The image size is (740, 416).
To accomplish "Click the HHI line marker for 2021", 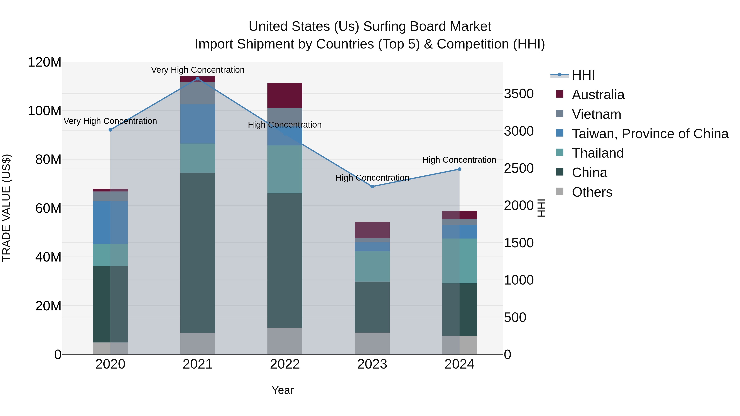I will click(197, 79).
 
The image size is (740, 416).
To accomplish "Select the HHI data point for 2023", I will click(372, 187).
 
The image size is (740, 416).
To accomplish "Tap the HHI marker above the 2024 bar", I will click(459, 169).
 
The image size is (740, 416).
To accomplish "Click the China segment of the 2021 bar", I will click(197, 253).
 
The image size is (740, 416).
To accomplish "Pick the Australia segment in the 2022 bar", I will click(285, 95).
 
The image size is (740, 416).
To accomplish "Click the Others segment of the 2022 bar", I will click(285, 341).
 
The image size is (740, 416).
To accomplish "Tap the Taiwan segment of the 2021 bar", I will click(197, 124).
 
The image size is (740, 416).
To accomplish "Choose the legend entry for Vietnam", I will click(596, 114).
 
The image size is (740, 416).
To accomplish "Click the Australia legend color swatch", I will click(560, 94).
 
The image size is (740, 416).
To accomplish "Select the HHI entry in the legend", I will click(583, 75).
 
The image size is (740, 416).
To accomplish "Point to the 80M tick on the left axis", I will click(48, 159).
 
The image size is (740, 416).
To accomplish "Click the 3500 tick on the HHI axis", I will click(519, 94).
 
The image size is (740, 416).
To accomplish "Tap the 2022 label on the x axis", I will click(285, 364).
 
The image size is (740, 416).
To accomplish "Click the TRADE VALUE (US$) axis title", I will click(6, 208).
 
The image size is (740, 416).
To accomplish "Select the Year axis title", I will click(282, 390).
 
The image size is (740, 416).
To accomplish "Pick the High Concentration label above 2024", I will click(459, 160).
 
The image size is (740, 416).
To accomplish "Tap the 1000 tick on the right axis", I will click(519, 280).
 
